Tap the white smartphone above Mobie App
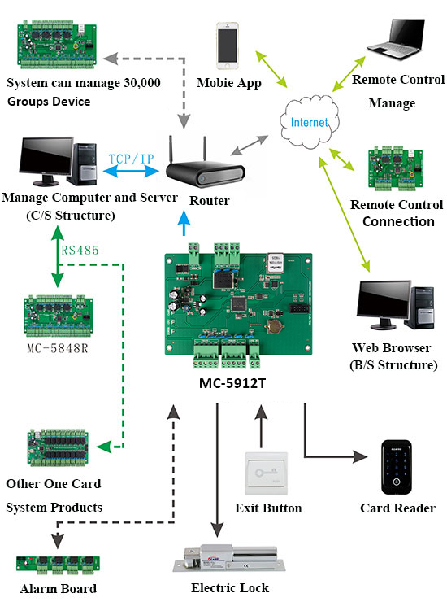click(228, 46)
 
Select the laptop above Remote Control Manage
click(397, 41)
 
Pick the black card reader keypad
click(398, 468)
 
